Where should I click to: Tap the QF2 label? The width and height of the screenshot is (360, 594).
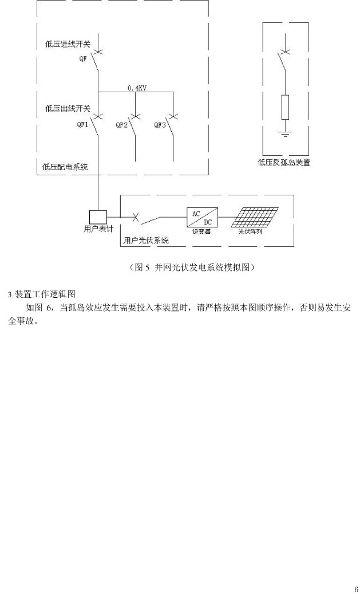[x=122, y=124]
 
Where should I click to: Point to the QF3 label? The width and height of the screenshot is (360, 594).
[x=160, y=124]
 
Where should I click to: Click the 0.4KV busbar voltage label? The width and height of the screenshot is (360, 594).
[x=138, y=88]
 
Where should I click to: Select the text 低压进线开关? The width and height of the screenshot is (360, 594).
[x=68, y=43]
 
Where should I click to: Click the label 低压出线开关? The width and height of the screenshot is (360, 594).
[x=68, y=108]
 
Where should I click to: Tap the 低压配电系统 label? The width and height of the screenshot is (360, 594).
[x=66, y=167]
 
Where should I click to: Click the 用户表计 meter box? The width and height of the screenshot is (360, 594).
[x=98, y=217]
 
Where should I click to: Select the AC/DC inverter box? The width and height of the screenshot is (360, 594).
[x=199, y=217]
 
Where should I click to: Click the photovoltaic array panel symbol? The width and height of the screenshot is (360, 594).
[x=256, y=218]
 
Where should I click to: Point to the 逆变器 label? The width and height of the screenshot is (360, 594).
[x=199, y=232]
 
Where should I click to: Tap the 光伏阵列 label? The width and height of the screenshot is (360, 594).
[x=250, y=232]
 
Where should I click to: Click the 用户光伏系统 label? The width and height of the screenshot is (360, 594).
[x=147, y=241]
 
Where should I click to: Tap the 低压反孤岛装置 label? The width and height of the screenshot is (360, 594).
[x=284, y=163]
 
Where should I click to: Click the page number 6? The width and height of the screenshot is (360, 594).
[x=356, y=589]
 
